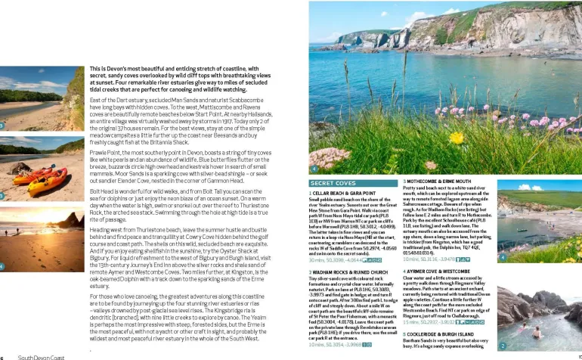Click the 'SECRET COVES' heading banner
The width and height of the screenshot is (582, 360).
coord(334,183)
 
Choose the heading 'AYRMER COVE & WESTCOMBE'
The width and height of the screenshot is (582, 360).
coord(438,270)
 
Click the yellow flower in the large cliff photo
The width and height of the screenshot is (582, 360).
coord(457,137)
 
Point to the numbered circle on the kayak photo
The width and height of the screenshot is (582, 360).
coord(5,196)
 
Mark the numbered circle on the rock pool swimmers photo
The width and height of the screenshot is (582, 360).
coord(502,346)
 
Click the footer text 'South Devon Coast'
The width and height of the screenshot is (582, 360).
coord(42,356)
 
